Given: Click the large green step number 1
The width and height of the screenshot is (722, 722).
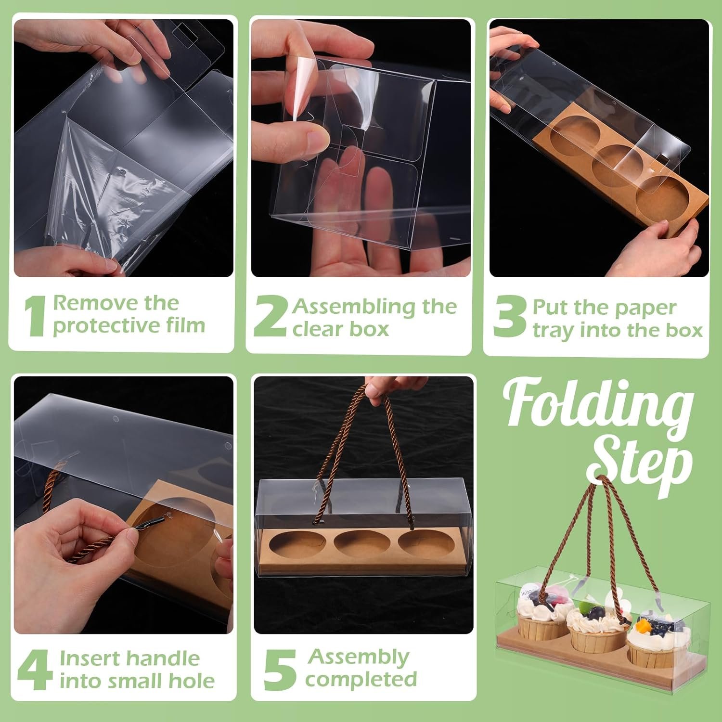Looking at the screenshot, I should (x=35, y=316).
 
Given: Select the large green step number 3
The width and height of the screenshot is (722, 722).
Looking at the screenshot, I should (x=509, y=317).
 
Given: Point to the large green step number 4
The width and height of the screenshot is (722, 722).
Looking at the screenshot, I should (x=35, y=670).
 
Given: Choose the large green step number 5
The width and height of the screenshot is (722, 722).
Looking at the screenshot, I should (x=280, y=670).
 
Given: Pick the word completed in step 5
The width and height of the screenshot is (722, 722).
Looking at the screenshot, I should (x=361, y=679).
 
